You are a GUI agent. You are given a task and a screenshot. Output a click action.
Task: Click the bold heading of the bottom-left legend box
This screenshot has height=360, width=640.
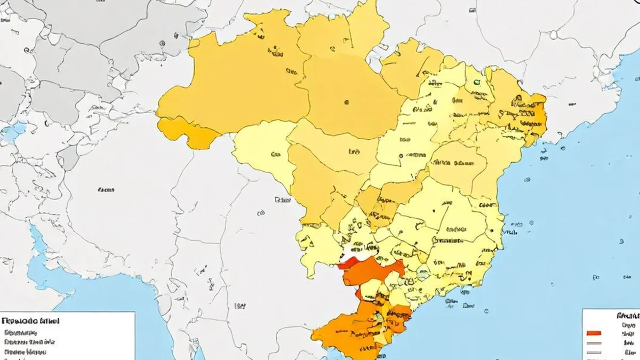(x=30, y=321)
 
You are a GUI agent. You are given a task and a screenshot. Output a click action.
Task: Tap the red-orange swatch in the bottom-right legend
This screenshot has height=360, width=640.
(x=594, y=333)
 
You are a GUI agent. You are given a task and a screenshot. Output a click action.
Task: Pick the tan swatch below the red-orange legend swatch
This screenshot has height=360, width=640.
(x=594, y=344)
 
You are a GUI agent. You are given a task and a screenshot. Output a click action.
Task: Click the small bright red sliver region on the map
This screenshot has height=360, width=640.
(x=348, y=262)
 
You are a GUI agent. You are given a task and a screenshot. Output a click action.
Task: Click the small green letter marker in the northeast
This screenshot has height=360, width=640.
(x=476, y=82)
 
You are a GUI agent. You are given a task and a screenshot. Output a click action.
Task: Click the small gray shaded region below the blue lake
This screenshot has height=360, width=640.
(x=68, y=157)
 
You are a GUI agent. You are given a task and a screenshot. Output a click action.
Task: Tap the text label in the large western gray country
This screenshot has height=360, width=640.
(x=106, y=189)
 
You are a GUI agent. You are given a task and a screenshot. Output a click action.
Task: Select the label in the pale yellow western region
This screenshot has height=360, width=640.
(x=276, y=155)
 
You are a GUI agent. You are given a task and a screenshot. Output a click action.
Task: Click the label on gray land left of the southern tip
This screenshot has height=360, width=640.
(x=240, y=306)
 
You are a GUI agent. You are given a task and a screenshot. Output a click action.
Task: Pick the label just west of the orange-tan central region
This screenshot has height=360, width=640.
(x=282, y=200)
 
